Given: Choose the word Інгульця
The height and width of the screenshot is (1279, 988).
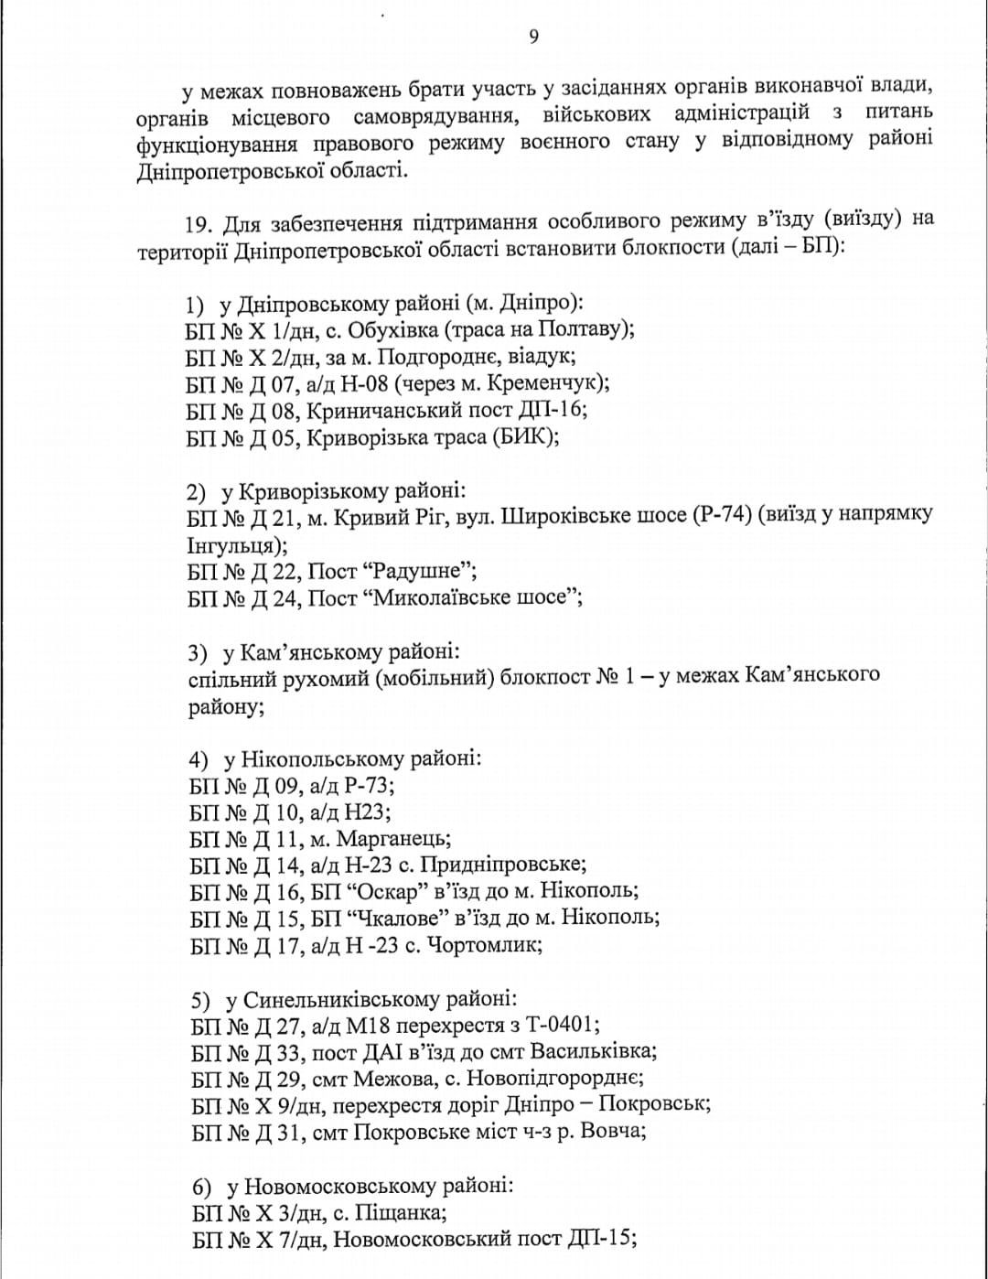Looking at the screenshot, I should click(230, 546).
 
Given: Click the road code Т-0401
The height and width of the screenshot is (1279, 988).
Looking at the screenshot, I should click(564, 1025).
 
